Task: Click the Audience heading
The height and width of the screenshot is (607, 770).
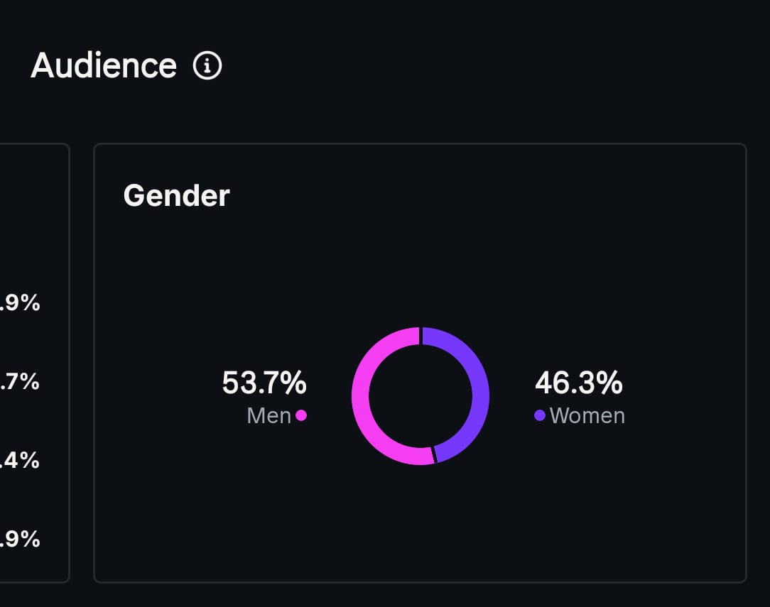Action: point(104,66)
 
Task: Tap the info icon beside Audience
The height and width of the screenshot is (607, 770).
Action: point(207,66)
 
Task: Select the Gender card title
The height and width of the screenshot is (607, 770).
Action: point(176,195)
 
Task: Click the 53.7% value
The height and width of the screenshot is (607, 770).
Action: point(264,383)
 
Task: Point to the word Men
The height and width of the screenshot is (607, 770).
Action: point(269,415)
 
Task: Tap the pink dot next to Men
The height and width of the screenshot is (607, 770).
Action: point(301,415)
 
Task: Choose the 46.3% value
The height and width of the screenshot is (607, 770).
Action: point(578,383)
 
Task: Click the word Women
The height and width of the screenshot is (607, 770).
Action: point(587,415)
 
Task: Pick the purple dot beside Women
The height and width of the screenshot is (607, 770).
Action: point(540,415)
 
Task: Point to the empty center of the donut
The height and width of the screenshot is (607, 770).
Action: point(421,396)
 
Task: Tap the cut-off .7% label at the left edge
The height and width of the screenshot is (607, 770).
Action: point(20,382)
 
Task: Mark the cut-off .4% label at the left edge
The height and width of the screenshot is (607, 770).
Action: point(20,461)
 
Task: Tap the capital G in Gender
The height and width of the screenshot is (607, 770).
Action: point(133,195)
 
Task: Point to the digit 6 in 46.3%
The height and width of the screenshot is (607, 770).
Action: point(561,383)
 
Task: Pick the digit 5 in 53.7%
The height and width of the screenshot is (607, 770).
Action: point(230,383)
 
